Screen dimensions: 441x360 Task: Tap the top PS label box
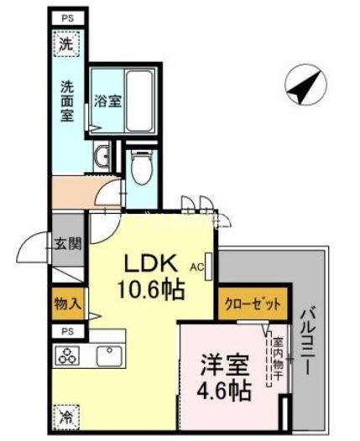click(66, 18)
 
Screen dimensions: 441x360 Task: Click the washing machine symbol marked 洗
click(66, 44)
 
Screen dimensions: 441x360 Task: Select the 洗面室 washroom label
click(67, 101)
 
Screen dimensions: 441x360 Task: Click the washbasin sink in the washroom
click(102, 156)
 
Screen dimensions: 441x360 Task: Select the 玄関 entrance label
click(67, 245)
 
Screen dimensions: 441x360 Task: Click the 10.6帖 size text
click(151, 291)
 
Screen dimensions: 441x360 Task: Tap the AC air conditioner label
click(196, 267)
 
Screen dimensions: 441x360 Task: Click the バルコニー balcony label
click(306, 341)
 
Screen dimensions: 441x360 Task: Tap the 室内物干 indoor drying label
click(276, 359)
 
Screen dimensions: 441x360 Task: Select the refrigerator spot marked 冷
click(65, 414)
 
